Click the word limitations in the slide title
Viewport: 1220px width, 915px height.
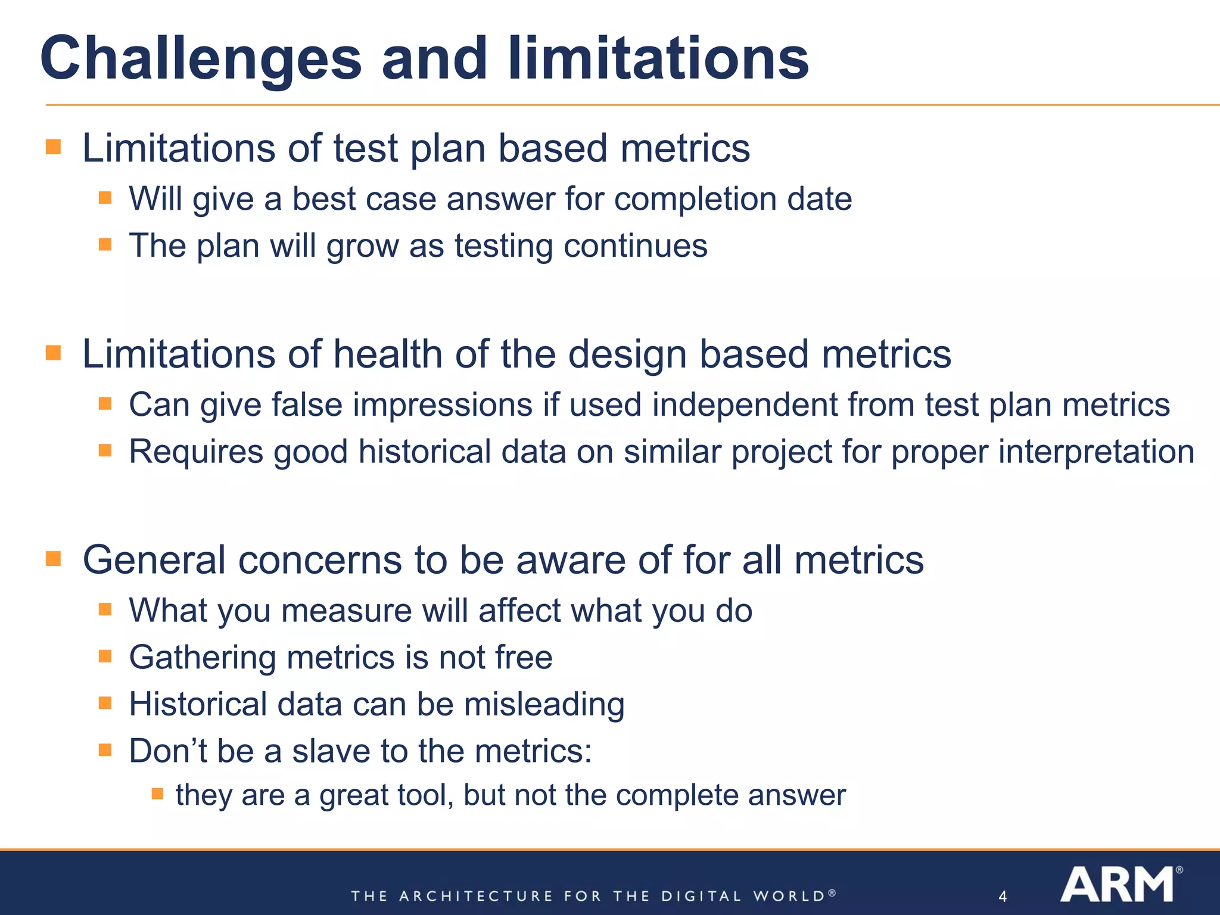pyautogui.click(x=658, y=58)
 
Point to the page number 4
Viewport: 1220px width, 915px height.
pyautogui.click(x=1003, y=896)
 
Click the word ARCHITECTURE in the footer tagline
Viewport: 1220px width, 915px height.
pyautogui.click(x=475, y=896)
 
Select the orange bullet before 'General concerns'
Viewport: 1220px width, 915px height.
pyautogui.click(x=54, y=558)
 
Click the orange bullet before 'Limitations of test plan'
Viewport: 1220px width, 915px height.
pyautogui.click(x=54, y=147)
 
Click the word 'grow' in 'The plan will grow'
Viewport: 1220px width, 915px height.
pyautogui.click(x=362, y=246)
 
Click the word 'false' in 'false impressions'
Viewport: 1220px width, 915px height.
pyautogui.click(x=307, y=405)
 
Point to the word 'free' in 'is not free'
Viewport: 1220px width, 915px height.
pyautogui.click(x=524, y=658)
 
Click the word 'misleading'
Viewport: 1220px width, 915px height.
pyautogui.click(x=544, y=704)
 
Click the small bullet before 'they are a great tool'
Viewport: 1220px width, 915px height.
pyautogui.click(x=157, y=793)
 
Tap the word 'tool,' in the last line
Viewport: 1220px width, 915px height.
pyautogui.click(x=425, y=795)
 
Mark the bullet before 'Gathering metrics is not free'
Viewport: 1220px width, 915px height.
pyautogui.click(x=105, y=656)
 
